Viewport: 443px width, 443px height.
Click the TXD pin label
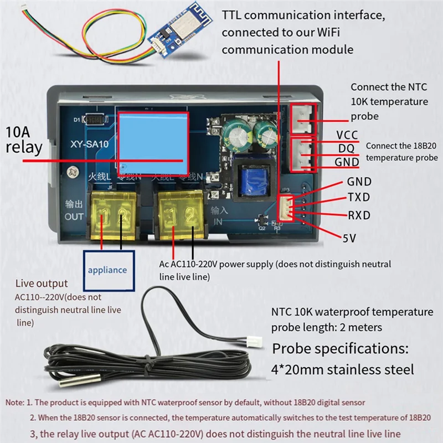point(359,198)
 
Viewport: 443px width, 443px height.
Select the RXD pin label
point(359,215)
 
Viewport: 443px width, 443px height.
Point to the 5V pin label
point(349,238)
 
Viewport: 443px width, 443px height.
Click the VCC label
point(347,135)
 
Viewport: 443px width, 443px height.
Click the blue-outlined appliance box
point(109,270)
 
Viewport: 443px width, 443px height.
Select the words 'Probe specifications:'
point(340,349)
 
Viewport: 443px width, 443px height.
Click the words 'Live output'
point(42,284)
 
